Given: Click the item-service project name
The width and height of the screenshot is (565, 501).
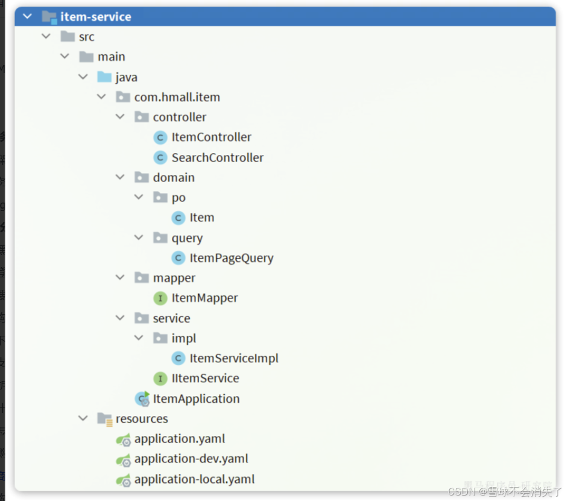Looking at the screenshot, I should [95, 17].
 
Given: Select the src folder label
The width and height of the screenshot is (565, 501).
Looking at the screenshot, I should [86, 37].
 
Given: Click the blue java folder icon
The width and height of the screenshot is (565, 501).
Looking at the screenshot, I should [104, 77].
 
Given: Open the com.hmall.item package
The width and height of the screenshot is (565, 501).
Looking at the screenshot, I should [177, 97].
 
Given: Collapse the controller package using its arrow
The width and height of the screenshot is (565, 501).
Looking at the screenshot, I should [121, 117].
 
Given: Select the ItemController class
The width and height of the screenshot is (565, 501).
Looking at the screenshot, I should [211, 137].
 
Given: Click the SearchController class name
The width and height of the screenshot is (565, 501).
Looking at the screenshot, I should [217, 157].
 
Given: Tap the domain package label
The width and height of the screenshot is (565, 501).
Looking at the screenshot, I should [174, 177].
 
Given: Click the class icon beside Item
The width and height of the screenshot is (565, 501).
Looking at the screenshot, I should [178, 218].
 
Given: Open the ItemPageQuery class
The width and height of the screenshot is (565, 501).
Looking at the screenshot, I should [231, 258].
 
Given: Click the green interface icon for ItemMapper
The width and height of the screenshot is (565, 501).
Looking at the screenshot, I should [160, 298].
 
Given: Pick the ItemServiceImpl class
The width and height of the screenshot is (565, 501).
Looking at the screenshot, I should [233, 358].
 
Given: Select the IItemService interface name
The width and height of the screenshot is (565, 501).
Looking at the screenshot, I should [205, 379].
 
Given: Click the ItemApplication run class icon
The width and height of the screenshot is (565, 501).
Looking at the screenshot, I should [142, 399].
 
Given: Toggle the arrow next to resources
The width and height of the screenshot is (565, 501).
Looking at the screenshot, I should [83, 418].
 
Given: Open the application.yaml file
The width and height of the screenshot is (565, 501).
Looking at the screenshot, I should [179, 439].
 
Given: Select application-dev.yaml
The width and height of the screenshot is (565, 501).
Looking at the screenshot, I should [191, 459].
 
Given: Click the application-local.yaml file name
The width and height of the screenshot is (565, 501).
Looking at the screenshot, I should [194, 479].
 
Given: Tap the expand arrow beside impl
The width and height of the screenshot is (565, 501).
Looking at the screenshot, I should [139, 338].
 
